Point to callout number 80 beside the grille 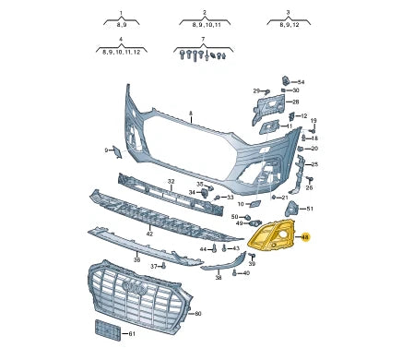pyautogui.click(x=196, y=314)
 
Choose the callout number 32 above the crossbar pyautogui.click(x=171, y=182)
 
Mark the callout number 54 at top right pyautogui.click(x=301, y=82)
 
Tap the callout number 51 pyautogui.click(x=310, y=210)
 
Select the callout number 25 pyautogui.click(x=313, y=163)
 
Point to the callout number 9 pyautogui.click(x=106, y=150)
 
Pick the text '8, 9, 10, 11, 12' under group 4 pyautogui.click(x=123, y=53)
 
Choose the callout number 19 pyautogui.click(x=313, y=121)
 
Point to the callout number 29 pyautogui.click(x=256, y=91)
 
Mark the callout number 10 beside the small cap pyautogui.click(x=241, y=203)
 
